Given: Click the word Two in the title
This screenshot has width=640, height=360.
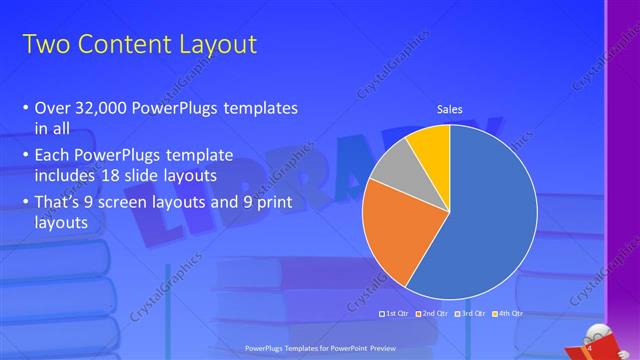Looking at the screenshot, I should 44,45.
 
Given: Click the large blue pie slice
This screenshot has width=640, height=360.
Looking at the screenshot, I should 490,220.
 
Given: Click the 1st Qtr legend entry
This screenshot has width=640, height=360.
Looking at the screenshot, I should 395,313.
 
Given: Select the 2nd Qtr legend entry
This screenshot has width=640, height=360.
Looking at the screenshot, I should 432,313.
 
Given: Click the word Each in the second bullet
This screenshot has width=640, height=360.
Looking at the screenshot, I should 53,157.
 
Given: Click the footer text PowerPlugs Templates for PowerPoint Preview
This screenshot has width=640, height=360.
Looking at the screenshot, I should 320,347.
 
